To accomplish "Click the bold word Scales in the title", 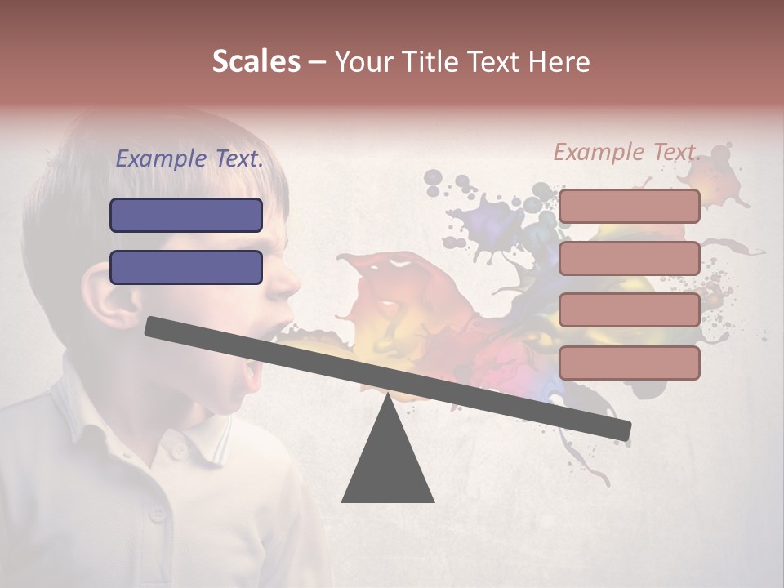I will tap(256, 62).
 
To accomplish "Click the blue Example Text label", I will tap(189, 159).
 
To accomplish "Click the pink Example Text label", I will tap(626, 152).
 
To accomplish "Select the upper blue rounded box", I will tap(186, 215).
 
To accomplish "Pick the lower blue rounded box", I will tap(186, 267).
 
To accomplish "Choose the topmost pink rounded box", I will tap(629, 206).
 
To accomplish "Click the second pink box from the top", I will tap(629, 258).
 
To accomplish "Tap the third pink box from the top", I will tap(629, 310).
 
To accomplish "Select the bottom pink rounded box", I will tap(629, 363).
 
